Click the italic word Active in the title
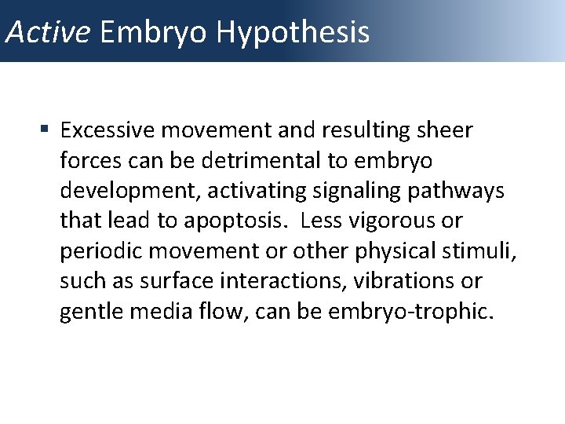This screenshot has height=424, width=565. (x=49, y=32)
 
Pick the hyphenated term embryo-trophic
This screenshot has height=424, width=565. (x=424, y=312)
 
